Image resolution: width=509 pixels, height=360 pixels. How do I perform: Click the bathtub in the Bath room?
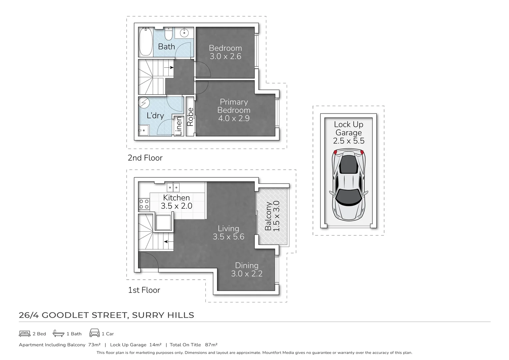tap(145, 42)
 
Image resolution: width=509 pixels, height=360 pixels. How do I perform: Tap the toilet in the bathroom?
tap(169, 34)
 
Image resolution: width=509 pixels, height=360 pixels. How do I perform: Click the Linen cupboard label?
tap(179, 126)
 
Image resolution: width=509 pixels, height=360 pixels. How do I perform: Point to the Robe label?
tap(190, 117)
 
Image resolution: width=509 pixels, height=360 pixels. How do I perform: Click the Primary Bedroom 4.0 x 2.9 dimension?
tap(234, 118)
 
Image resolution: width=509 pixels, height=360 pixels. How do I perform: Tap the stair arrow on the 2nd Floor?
tap(169, 67)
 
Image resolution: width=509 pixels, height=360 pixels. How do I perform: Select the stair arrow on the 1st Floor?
tap(169, 242)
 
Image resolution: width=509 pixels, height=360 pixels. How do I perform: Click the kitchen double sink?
tap(173, 188)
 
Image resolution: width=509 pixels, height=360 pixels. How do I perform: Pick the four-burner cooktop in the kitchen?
tap(144, 204)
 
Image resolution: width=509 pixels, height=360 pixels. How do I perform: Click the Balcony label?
tap(268, 216)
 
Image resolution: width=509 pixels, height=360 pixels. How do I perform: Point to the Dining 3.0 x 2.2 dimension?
tap(247, 274)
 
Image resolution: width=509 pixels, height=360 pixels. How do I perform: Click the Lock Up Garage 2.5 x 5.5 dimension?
tap(349, 141)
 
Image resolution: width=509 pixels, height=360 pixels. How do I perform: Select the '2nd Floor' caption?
tap(145, 158)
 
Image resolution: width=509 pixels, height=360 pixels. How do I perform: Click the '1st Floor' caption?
tap(144, 290)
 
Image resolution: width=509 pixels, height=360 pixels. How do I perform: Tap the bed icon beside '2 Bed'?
tap(25, 334)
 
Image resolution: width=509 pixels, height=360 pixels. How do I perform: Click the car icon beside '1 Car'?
tap(95, 333)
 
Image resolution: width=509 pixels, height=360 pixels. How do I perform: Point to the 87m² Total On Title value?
tap(211, 345)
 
